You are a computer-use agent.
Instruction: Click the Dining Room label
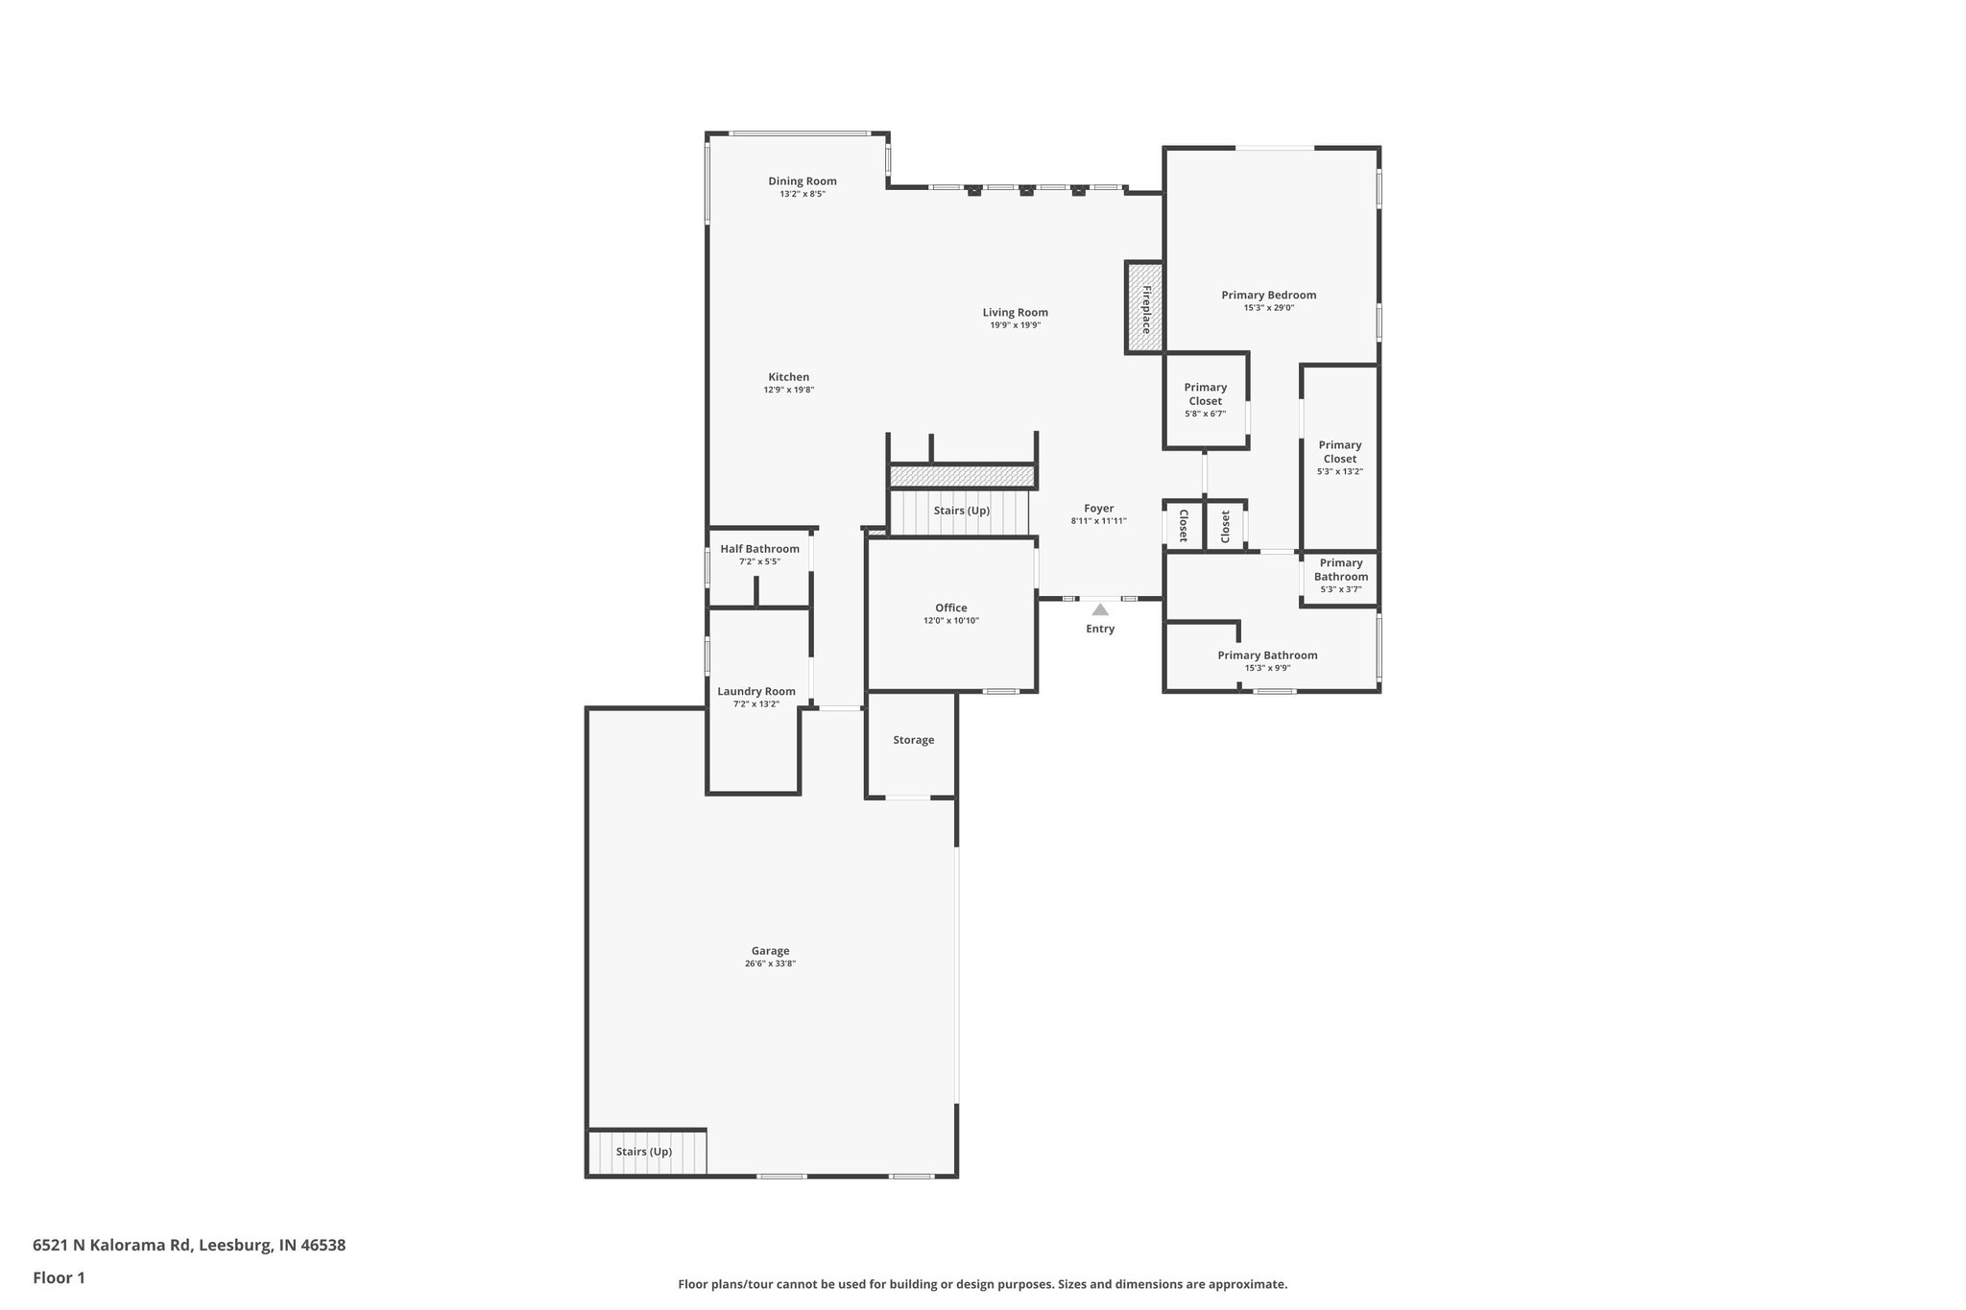[802, 181]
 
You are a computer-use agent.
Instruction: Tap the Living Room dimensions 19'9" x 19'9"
[1015, 325]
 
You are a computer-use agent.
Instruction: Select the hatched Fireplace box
[1144, 307]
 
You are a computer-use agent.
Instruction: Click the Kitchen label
[788, 377]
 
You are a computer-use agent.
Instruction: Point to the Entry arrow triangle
[1100, 609]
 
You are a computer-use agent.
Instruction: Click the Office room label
[950, 607]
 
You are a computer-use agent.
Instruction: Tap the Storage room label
[913, 740]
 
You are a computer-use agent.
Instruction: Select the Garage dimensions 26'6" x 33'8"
[770, 964]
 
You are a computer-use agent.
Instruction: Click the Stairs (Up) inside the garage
[644, 1152]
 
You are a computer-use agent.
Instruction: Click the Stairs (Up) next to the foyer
[961, 511]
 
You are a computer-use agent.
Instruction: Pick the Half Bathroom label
[759, 549]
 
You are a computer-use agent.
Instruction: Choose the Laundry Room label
[756, 691]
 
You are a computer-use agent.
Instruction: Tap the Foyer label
[1099, 509]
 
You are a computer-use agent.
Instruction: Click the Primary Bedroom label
[1268, 295]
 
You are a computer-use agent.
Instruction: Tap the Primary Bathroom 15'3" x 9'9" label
[1267, 655]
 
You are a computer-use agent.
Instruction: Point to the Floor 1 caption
[59, 1278]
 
